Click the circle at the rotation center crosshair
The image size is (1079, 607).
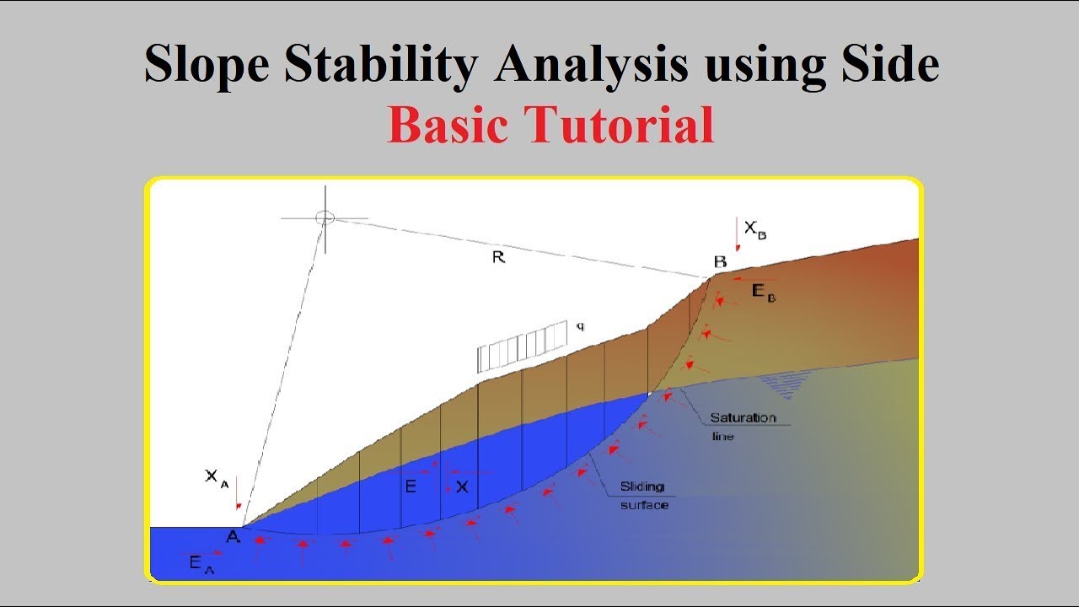pyautogui.click(x=325, y=218)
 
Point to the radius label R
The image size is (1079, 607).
pyautogui.click(x=498, y=258)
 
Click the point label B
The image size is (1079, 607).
pyautogui.click(x=720, y=262)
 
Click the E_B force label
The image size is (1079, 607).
pyautogui.click(x=763, y=293)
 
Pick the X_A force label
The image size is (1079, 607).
pyautogui.click(x=216, y=477)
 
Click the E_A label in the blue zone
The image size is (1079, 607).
pyautogui.click(x=201, y=565)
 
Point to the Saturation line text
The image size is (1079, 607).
pyautogui.click(x=742, y=426)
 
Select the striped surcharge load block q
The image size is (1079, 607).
pyautogui.click(x=523, y=346)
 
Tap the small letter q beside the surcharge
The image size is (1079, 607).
pyautogui.click(x=580, y=325)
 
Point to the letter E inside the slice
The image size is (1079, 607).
pyautogui.click(x=411, y=486)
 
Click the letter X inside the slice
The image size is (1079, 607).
pyautogui.click(x=461, y=486)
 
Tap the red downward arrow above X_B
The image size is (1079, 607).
pyautogui.click(x=738, y=234)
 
